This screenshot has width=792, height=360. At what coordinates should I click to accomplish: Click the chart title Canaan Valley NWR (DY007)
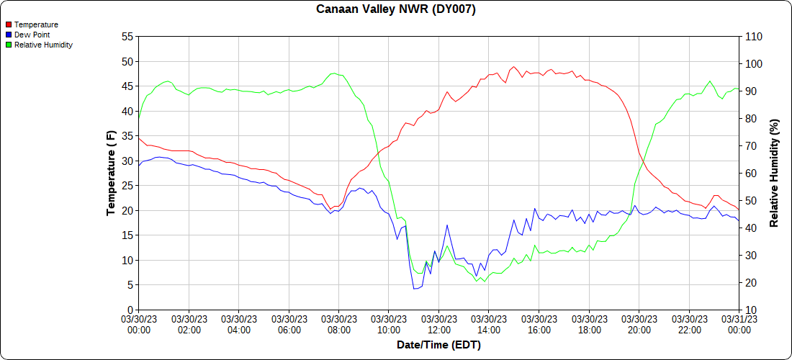point(396,9)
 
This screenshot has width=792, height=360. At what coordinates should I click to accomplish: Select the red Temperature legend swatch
point(9,25)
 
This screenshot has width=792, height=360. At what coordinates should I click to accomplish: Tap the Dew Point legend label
point(32,35)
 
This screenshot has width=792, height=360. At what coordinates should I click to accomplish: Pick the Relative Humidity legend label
point(43,45)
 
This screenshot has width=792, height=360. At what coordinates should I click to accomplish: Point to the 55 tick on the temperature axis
point(127,36)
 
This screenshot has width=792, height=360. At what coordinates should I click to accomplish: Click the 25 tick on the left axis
point(127,185)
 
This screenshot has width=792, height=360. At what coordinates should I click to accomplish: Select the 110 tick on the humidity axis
point(753,36)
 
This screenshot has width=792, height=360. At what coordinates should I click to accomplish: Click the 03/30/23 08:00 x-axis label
point(338,324)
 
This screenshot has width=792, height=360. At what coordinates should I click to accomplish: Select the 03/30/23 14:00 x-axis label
point(489,324)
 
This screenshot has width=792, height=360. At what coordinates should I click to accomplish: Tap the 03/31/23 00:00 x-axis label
point(739,324)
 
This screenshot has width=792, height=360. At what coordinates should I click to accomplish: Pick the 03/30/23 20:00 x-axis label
point(639,324)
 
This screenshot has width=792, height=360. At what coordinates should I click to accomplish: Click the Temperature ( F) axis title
point(111,173)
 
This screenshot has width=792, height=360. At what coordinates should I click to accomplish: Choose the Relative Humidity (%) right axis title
point(774,173)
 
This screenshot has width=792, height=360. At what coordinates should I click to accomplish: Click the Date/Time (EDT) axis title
point(438,345)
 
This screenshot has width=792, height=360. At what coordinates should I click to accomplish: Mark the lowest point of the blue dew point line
point(414,289)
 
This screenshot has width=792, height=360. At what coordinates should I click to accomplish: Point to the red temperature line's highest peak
point(514,66)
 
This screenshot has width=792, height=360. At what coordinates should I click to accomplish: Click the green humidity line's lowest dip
point(477,281)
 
